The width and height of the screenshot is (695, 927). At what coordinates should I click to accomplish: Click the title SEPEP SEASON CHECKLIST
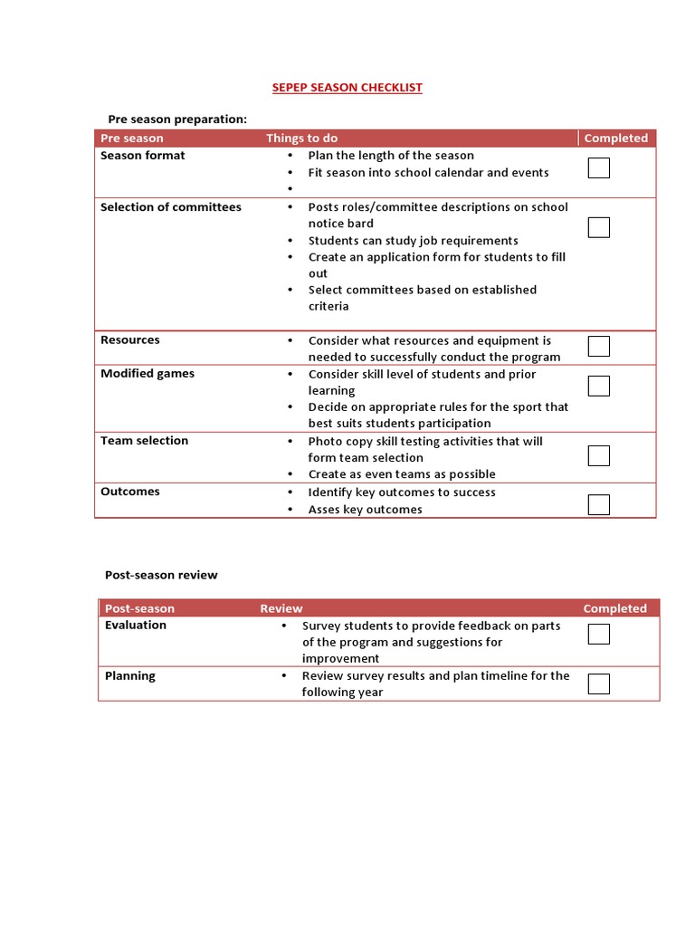(x=347, y=88)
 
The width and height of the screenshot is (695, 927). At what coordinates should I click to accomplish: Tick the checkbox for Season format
(x=598, y=167)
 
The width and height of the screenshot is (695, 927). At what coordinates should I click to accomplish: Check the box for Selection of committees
(x=598, y=227)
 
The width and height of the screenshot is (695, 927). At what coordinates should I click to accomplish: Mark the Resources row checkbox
(x=598, y=346)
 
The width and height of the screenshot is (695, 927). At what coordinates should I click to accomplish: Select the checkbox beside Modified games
(x=598, y=386)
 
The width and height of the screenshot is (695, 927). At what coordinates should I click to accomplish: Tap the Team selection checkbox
(x=598, y=455)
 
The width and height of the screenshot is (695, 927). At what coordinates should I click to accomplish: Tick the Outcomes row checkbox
(x=598, y=504)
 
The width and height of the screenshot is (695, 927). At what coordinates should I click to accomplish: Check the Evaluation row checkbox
(x=598, y=634)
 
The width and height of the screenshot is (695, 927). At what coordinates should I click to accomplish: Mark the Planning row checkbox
(x=598, y=683)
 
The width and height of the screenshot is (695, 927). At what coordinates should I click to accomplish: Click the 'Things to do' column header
(x=301, y=139)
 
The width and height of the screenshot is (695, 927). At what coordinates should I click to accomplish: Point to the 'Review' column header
(x=281, y=608)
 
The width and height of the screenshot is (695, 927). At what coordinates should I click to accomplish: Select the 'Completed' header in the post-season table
(x=614, y=608)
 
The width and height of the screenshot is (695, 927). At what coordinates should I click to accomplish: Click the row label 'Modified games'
(x=147, y=374)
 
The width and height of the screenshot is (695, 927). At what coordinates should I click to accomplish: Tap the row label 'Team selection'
(x=144, y=441)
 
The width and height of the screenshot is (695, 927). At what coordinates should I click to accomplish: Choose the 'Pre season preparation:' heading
(x=177, y=119)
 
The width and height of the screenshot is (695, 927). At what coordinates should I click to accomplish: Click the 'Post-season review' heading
(x=161, y=575)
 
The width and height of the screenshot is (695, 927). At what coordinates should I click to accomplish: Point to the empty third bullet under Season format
(x=290, y=189)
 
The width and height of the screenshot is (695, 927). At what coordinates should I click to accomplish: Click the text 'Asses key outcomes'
(x=365, y=510)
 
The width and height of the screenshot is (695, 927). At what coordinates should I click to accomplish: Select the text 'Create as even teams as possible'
(x=401, y=474)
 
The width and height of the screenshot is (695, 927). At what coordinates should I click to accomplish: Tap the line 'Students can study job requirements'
(x=413, y=241)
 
